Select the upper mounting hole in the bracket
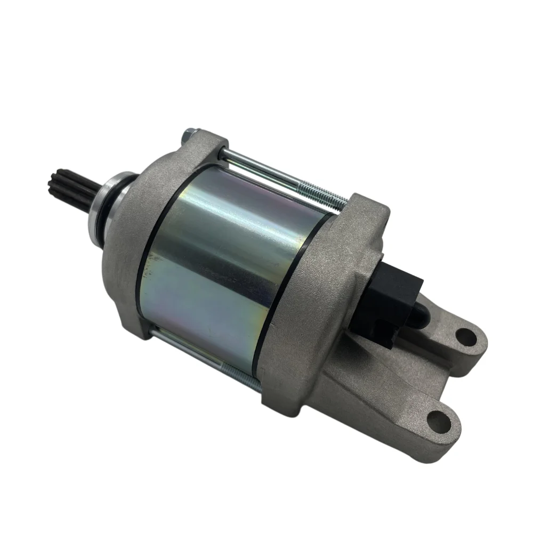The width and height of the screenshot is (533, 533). pos(465,336)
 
